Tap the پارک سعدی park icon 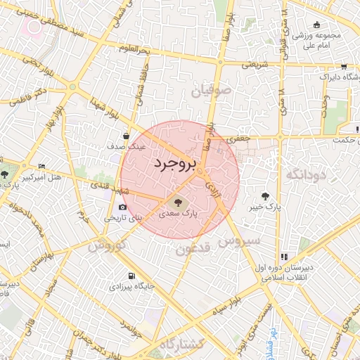(176, 201)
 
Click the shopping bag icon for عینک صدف (126, 136)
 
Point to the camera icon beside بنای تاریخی (123, 207)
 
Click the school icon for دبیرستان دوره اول (284, 257)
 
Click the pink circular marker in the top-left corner (32, 27)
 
